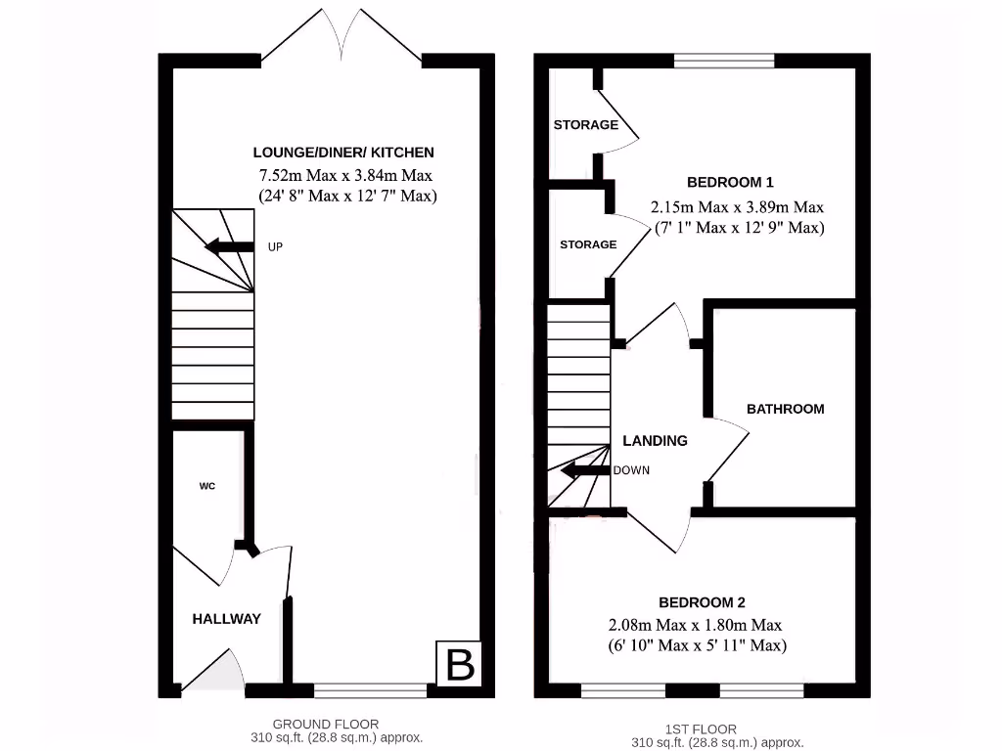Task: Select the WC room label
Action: [207, 485]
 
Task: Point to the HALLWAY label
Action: [226, 618]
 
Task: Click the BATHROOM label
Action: [785, 409]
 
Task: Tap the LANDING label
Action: [655, 441]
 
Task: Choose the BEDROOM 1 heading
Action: [730, 182]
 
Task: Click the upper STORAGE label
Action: [585, 125]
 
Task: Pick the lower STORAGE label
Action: [588, 244]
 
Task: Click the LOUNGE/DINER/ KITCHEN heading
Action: [343, 153]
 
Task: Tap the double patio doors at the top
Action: [342, 37]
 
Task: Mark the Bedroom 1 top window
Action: [724, 62]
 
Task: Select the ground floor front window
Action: [370, 690]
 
